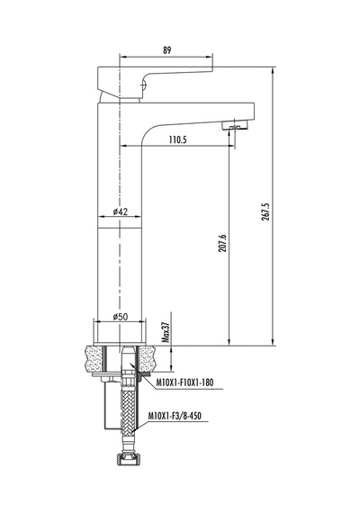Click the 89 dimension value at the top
pos(166,50)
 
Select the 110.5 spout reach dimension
pos(177,139)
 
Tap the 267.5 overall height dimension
pos(265,211)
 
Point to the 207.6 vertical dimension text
pos(222,243)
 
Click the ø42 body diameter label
pos(120,211)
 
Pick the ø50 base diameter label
pos(120,317)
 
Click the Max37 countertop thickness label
pos(166,332)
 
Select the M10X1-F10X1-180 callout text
pos(184,382)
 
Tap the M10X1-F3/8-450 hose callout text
pos(175,416)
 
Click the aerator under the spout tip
pos(235,126)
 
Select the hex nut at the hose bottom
pos(129,460)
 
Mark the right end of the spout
pos(255,112)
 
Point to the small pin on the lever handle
pos(143,85)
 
